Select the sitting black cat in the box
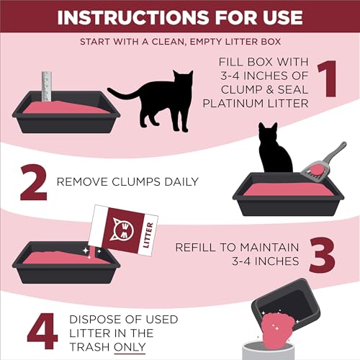(x=274, y=151)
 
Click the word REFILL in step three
(x=194, y=248)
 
